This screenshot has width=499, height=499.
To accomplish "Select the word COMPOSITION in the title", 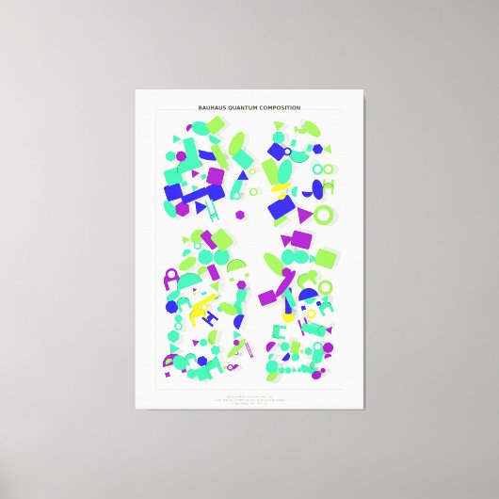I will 280,108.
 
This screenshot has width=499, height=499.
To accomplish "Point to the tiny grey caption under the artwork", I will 249,399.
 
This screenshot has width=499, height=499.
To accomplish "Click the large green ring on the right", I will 324,215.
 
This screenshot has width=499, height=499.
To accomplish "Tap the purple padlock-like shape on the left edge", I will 170,278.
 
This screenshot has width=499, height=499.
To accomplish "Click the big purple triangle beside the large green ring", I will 304,217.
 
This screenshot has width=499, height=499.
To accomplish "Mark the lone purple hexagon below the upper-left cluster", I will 240,217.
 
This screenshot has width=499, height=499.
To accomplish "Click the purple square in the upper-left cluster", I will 216,176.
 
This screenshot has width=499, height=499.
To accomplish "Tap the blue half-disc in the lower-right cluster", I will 309,298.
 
